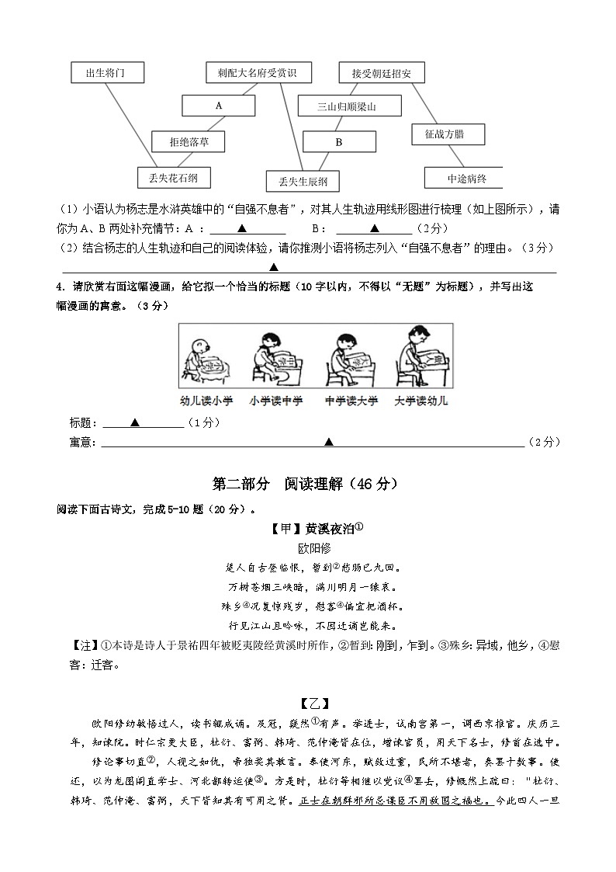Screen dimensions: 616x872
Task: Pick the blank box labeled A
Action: click(219, 105)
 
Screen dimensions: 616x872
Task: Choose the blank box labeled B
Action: click(339, 142)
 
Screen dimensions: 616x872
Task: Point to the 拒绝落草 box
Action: click(189, 141)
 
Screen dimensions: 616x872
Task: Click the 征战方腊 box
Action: click(448, 134)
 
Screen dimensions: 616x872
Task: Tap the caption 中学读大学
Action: click(351, 401)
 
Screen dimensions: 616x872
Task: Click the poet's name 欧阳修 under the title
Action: click(309, 547)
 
